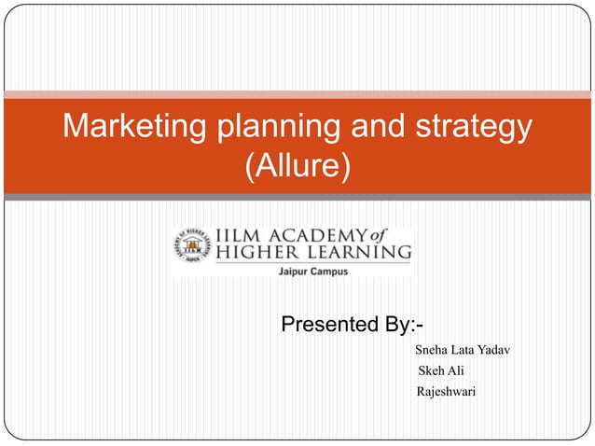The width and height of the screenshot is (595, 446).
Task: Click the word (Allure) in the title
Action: [297, 168]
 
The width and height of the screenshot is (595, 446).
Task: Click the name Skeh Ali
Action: [443, 371]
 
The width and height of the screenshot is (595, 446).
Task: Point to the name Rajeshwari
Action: [446, 392]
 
